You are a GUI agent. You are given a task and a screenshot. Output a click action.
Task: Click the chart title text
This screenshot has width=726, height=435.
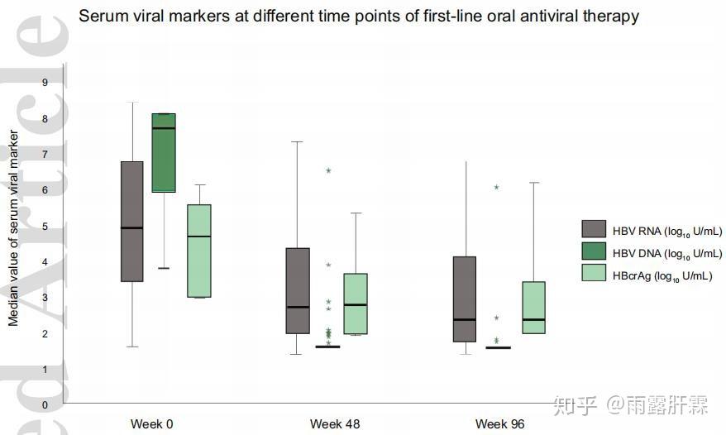[x=358, y=16]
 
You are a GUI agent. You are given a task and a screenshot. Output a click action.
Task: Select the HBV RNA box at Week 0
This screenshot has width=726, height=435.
[x=132, y=221]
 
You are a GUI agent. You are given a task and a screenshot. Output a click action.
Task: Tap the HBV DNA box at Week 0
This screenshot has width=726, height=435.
[x=164, y=152]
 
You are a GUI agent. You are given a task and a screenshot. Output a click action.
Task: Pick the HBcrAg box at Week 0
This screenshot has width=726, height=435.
[x=198, y=251]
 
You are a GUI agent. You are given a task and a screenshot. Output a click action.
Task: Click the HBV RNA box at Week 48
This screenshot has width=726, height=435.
[x=298, y=290]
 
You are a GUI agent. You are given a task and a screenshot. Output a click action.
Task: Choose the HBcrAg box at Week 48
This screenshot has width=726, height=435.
[x=355, y=304]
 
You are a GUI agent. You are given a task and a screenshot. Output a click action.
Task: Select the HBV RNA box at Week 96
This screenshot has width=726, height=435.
[x=465, y=299]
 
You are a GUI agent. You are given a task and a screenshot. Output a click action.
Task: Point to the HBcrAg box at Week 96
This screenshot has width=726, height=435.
[x=534, y=308]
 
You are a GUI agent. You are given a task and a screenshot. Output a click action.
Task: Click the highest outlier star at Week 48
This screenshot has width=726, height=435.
[x=328, y=170]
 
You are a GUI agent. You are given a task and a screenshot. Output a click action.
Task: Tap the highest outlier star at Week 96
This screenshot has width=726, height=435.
[x=496, y=188]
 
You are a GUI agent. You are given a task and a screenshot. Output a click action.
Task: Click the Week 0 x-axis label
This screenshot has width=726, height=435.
[x=151, y=424]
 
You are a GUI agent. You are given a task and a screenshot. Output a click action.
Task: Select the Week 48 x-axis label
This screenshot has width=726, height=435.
[x=335, y=424]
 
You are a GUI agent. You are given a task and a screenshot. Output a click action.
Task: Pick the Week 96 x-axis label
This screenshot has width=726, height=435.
[x=499, y=424]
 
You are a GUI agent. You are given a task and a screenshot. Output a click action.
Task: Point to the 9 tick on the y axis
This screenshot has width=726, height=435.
[x=45, y=82]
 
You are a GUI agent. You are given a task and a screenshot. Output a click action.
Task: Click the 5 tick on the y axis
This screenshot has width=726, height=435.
[x=45, y=226]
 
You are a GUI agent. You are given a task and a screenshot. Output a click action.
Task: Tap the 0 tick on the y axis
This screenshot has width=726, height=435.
[x=45, y=405]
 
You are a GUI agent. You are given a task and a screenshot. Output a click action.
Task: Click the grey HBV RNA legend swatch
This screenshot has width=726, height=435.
[x=594, y=230]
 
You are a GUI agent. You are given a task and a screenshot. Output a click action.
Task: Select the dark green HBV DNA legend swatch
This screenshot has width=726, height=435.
[x=594, y=252]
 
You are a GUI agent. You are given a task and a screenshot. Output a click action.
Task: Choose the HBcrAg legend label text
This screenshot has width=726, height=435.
[x=662, y=275]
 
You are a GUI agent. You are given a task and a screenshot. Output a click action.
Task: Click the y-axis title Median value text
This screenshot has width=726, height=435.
[x=13, y=227]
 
